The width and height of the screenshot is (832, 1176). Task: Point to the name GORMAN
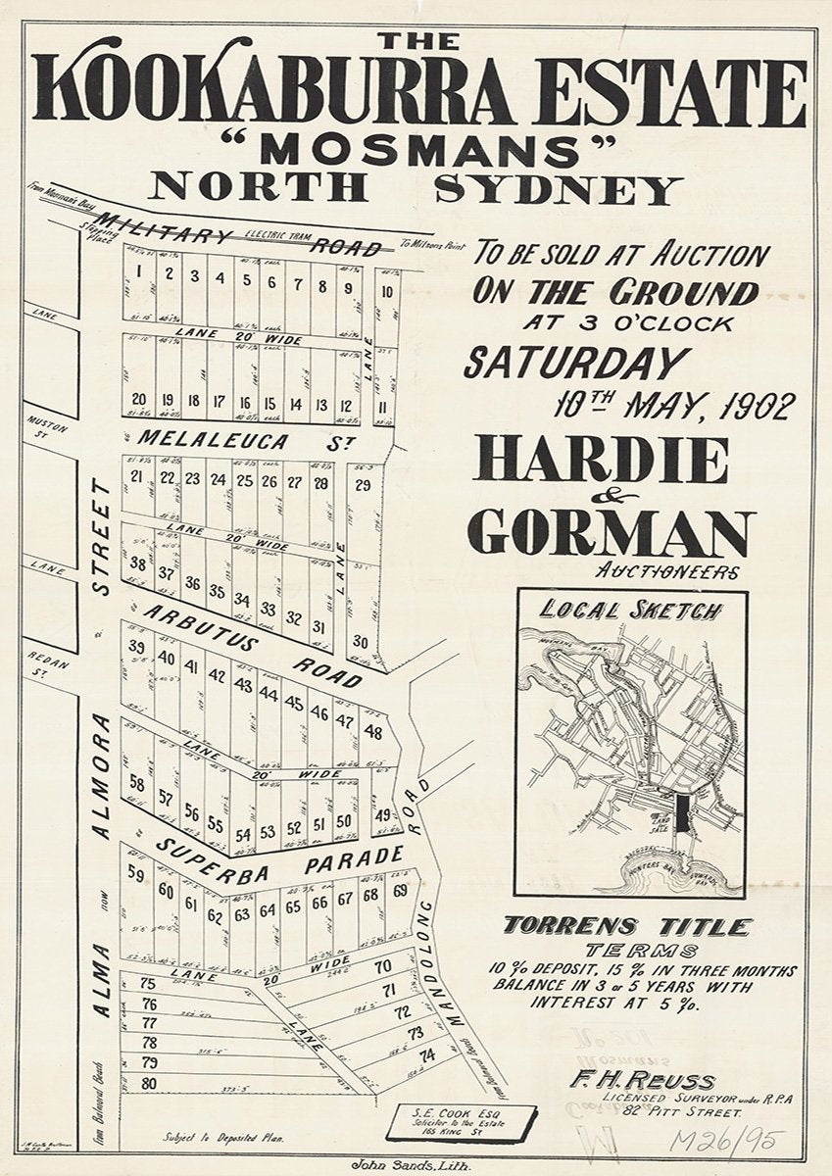pos(611,532)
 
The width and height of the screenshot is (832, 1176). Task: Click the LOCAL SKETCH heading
pos(631,611)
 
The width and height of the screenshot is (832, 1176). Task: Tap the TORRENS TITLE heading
pos(627,926)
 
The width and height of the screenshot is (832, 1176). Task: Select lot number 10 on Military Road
pos(387,291)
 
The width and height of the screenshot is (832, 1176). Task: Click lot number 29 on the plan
pos(362,485)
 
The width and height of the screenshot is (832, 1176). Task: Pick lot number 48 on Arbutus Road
pos(372,731)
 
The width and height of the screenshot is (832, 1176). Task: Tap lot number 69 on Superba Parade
pos(400,891)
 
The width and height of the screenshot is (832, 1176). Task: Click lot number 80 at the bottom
pos(149,1083)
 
